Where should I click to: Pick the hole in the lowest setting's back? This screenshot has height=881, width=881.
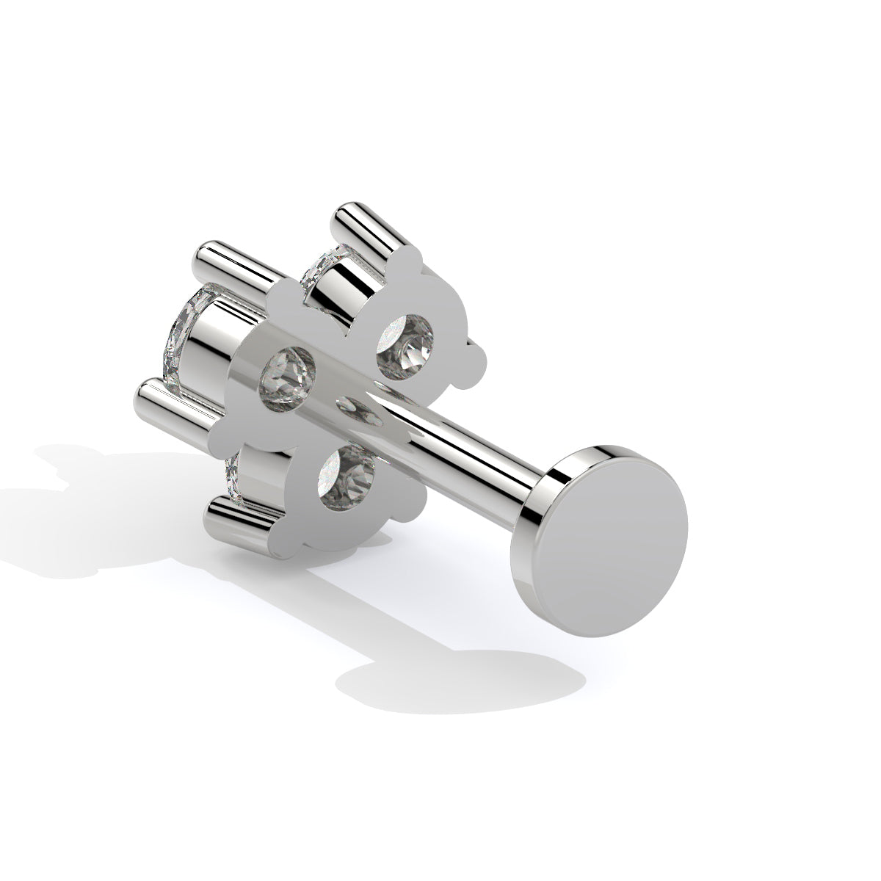coord(347,478)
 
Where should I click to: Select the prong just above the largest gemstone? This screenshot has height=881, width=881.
coord(228,257)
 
